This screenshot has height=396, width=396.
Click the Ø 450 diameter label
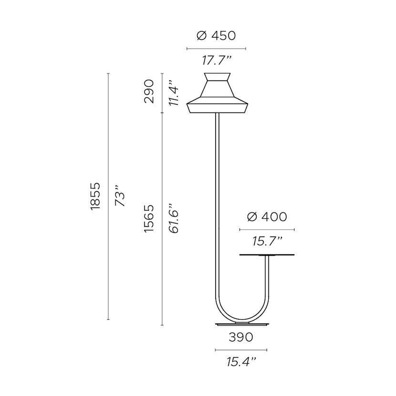coord(216,36)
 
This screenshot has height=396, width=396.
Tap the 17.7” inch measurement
coord(217,61)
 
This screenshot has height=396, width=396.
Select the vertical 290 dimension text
coord(149,92)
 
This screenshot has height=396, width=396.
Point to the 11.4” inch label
coord(174,93)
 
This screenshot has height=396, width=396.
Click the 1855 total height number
coord(95,196)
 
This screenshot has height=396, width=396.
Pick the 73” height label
coord(120,196)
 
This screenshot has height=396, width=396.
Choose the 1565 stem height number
coord(149,219)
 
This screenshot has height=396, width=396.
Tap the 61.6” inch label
coord(174,218)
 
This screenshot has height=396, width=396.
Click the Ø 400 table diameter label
coord(267,217)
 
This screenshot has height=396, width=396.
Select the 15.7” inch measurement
coord(267,241)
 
